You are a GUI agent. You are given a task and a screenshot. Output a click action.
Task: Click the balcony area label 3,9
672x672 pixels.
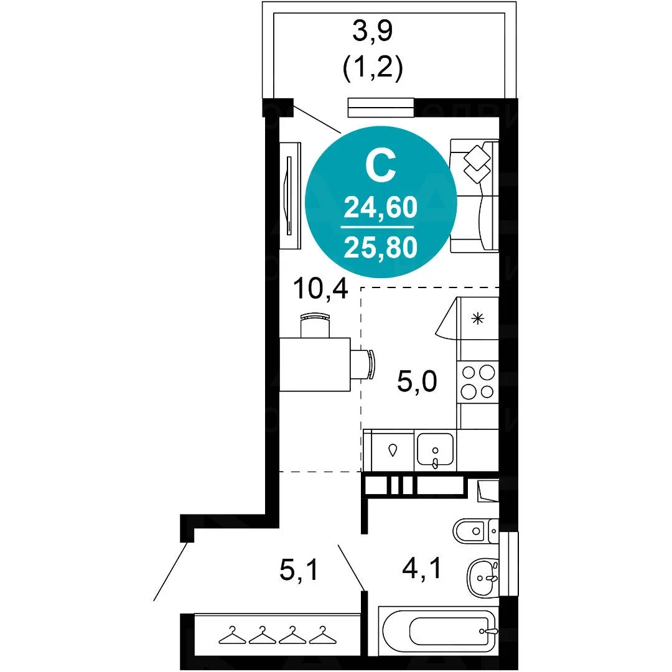[372, 32]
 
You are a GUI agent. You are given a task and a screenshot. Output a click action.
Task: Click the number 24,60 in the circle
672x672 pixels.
[381, 207]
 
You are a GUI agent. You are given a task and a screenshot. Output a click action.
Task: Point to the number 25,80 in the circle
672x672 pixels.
[381, 248]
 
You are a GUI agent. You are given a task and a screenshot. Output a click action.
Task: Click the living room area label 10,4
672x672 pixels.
[320, 289]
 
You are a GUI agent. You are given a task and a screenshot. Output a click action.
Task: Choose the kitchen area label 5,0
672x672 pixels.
[417, 381]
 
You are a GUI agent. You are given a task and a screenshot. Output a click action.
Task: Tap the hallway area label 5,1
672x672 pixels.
[299, 570]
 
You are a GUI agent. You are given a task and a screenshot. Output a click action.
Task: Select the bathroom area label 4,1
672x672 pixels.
[422, 569]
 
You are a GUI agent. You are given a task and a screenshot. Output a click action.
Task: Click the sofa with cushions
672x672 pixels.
[474, 195]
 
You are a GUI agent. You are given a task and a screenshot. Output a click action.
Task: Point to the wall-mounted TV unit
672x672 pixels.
[290, 195]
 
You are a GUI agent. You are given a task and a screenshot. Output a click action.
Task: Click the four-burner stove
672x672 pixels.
[478, 382]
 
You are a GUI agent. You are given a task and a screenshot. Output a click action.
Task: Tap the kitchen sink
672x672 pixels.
[435, 450]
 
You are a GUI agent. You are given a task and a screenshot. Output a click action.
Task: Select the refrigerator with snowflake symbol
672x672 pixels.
[478, 318]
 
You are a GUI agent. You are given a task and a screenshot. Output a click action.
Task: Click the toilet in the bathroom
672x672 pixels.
[475, 531]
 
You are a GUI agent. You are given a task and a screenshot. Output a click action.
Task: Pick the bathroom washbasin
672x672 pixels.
[483, 577]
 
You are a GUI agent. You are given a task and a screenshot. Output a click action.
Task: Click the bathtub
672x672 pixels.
[439, 631]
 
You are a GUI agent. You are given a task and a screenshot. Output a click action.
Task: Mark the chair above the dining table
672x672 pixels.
[315, 325]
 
